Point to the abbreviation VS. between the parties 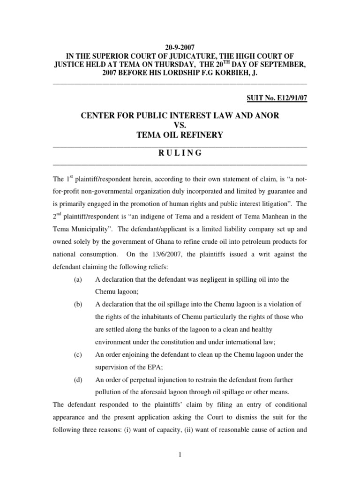tap(180, 125)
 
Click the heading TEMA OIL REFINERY tap(180, 135)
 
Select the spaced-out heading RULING tap(180, 153)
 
